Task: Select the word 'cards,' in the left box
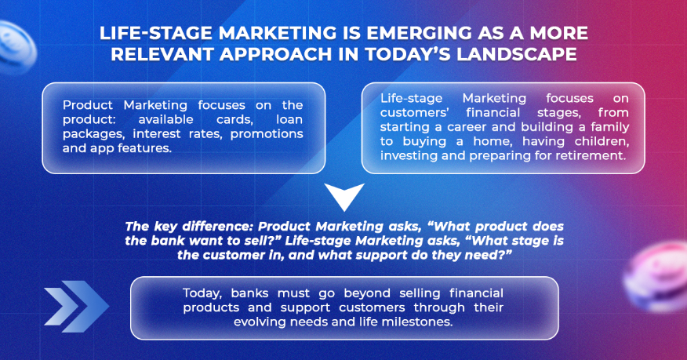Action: [x=234, y=119]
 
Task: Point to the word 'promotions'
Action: [x=267, y=133]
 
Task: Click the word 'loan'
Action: [x=289, y=119]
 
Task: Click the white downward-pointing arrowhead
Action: [x=344, y=195]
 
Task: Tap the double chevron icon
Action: [x=76, y=306]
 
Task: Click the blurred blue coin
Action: [x=16, y=46]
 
